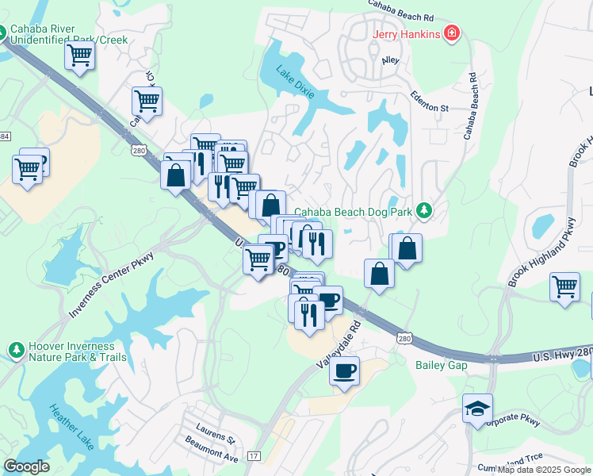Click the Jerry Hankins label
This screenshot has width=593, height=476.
[407, 33]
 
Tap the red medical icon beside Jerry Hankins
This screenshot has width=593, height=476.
[451, 33]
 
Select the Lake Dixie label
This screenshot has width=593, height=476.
[294, 83]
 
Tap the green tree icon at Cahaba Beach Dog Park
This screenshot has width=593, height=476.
[425, 210]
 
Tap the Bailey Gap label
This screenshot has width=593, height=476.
[437, 365]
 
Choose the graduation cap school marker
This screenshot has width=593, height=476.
[477, 409]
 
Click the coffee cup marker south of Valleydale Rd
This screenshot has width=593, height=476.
[344, 371]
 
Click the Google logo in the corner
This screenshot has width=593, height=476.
[27, 466]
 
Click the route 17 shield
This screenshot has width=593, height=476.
[254, 456]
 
